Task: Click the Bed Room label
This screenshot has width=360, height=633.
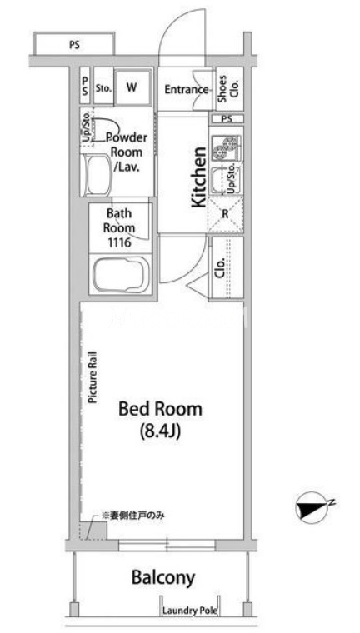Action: click(160, 409)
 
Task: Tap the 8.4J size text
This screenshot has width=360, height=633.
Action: click(160, 431)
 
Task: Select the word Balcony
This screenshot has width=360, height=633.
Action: click(163, 578)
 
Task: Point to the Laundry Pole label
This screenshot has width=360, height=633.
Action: click(190, 611)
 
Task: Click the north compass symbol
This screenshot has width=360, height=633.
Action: click(312, 506)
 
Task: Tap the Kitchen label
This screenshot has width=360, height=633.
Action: click(198, 177)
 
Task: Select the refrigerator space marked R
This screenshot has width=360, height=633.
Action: click(226, 214)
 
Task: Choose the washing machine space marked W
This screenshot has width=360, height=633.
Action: click(133, 89)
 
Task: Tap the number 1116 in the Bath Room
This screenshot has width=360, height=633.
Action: click(119, 243)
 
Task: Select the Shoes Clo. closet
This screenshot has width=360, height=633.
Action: click(229, 89)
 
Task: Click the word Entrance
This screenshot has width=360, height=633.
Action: click(186, 89)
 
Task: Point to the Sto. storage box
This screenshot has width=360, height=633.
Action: click(103, 89)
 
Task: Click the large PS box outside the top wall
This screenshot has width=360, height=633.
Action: click(74, 43)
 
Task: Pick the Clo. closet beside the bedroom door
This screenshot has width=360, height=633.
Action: click(227, 267)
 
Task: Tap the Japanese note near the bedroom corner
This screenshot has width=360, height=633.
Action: click(133, 515)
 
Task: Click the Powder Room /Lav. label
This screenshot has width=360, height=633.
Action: click(127, 152)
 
